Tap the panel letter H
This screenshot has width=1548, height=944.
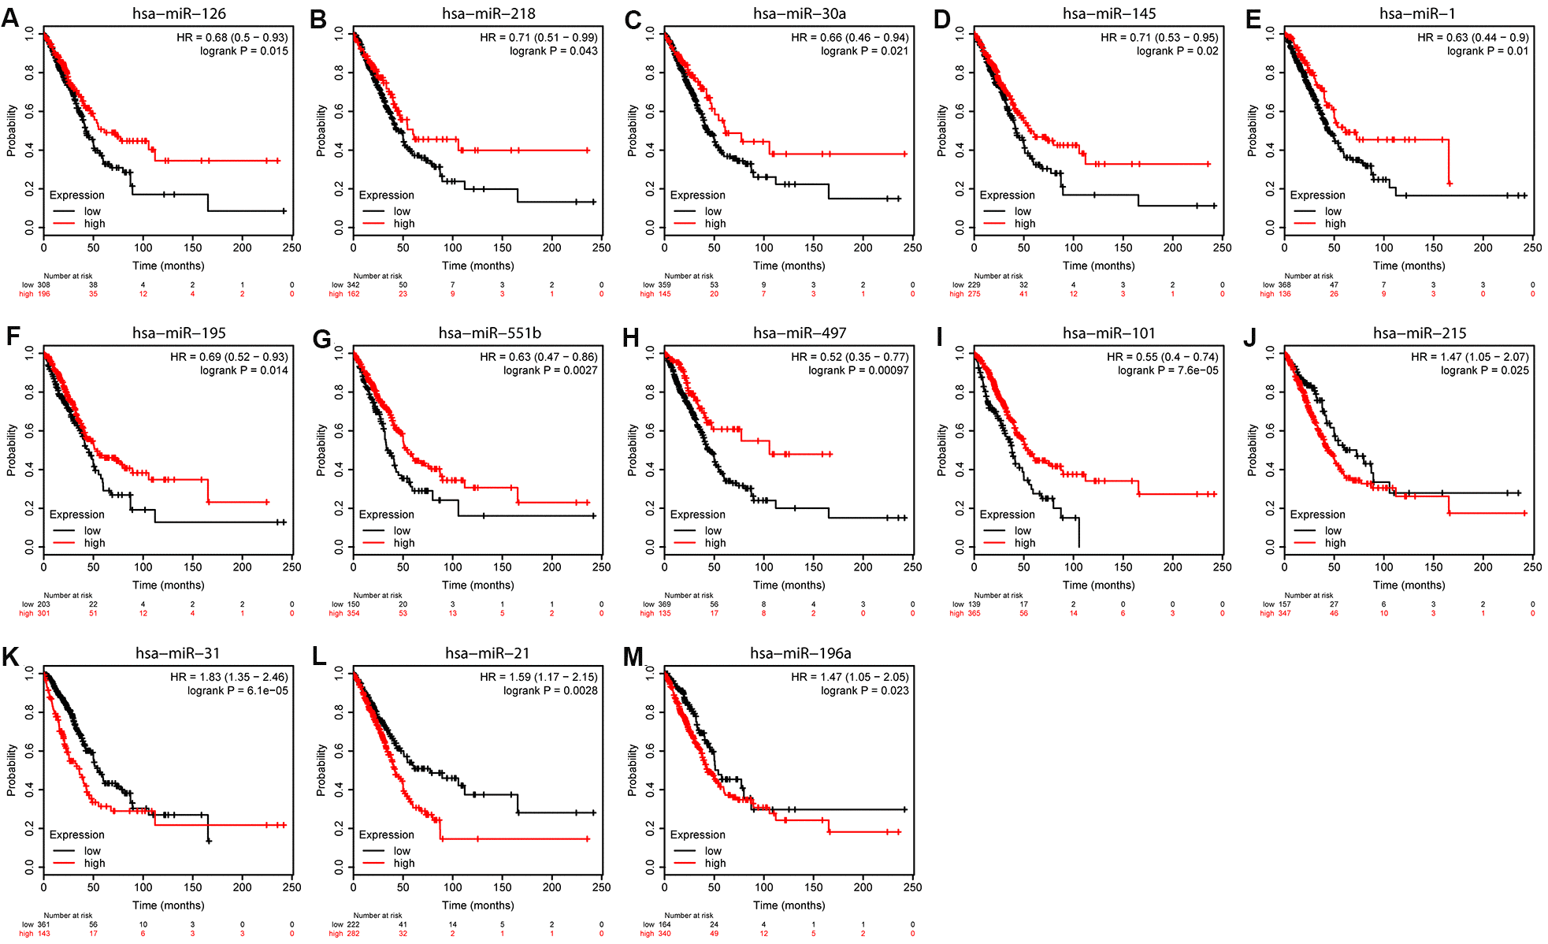click(631, 338)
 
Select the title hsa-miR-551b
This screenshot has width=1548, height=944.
click(489, 333)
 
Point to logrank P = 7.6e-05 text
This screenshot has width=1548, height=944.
click(1167, 370)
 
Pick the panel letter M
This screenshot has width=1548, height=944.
click(633, 657)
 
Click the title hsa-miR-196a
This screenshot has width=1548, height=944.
click(800, 653)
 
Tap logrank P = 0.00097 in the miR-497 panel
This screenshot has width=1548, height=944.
click(858, 370)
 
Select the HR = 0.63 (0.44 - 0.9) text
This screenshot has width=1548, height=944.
click(1472, 37)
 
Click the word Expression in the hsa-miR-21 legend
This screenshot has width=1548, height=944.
click(386, 834)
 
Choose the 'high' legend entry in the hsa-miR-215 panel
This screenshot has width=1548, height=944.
click(1335, 543)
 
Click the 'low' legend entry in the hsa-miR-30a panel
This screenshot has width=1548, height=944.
click(713, 211)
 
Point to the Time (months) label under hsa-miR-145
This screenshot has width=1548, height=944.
click(1098, 266)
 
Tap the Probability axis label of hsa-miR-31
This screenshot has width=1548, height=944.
click(12, 770)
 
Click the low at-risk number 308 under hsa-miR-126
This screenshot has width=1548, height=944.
click(43, 284)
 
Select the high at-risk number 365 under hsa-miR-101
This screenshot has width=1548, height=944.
click(974, 613)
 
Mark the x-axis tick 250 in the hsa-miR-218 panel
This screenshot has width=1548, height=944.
click(601, 247)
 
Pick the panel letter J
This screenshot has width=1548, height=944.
click(1250, 338)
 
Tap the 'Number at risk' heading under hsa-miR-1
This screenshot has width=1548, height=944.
click(1309, 276)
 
